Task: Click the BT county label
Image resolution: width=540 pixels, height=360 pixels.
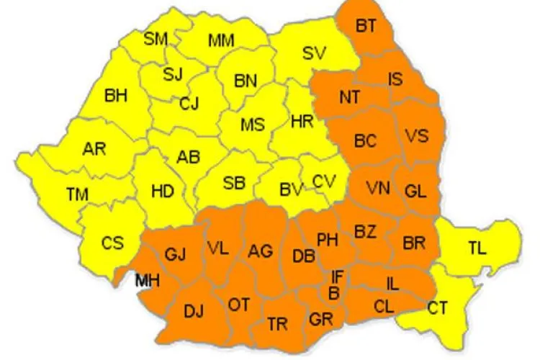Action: pos(366,26)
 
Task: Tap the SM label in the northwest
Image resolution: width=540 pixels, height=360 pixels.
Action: pos(156,38)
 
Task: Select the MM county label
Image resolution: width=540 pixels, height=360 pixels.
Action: pos(221,41)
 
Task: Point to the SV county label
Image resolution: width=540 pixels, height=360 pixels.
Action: pos(313,53)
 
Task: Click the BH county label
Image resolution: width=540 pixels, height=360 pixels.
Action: pos(116,95)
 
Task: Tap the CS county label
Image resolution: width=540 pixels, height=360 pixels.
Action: pos(112,243)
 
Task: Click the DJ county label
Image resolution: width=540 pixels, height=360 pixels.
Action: pos(194,311)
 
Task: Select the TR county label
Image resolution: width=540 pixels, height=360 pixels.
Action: pos(277,324)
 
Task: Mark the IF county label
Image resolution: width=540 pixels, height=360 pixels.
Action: pos(336,276)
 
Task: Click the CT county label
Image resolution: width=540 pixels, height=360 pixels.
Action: pos(437,308)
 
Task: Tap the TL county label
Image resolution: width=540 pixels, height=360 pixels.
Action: pos(477,248)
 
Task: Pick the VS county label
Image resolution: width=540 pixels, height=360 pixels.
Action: pos(416,135)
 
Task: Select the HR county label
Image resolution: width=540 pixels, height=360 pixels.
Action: pos(302,122)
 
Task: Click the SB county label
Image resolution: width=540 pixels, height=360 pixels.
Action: pos(233,183)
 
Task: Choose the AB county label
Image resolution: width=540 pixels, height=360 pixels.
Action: pos(188,158)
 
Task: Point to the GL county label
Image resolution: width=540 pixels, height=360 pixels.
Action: pos(415,191)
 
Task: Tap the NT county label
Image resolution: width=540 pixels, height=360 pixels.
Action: pos(351,95)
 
